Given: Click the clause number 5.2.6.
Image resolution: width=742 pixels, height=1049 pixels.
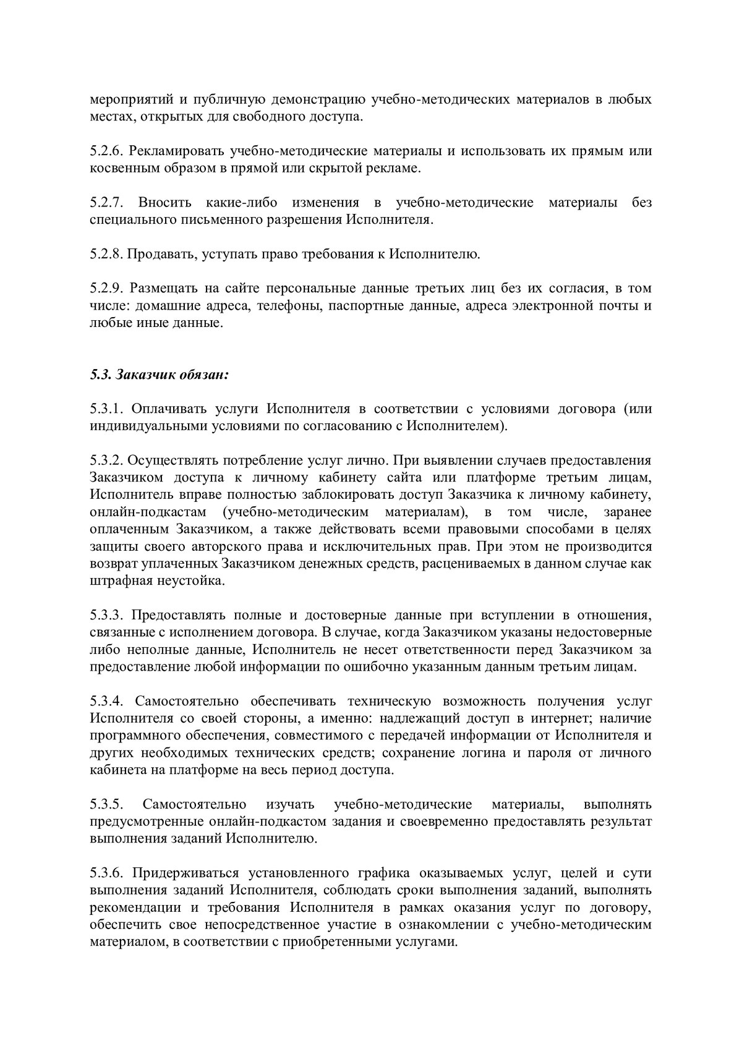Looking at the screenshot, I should point(106,151).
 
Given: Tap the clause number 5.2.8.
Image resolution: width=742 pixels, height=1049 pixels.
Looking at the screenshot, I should point(106,253).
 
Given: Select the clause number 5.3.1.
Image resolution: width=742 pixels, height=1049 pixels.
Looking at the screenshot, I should point(106,409).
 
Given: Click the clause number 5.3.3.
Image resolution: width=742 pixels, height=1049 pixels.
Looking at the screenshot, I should point(106,615).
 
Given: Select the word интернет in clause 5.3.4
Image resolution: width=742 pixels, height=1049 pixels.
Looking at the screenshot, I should point(550,719).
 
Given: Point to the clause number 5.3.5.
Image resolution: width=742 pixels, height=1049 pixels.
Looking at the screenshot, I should point(106,805).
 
